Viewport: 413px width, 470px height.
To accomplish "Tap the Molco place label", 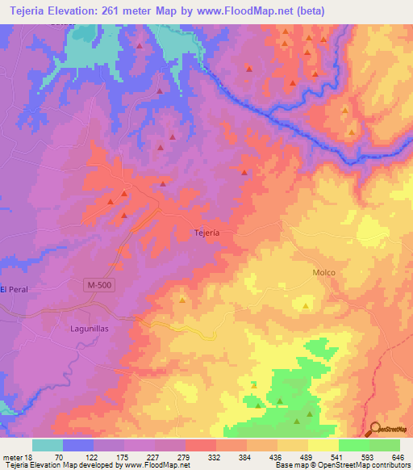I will pos(323,273).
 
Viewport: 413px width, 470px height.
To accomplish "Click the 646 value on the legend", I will pos(396,456).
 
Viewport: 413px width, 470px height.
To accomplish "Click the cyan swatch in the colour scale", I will pos(48,445).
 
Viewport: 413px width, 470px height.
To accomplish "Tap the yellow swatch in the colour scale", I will pos(323,445).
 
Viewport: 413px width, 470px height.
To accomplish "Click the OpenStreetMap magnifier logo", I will pos(376,429).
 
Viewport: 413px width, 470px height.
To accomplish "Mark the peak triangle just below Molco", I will pos(305,306).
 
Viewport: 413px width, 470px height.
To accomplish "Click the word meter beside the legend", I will pos(12,456).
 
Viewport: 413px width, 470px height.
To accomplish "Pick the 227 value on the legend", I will pos(173,456).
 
